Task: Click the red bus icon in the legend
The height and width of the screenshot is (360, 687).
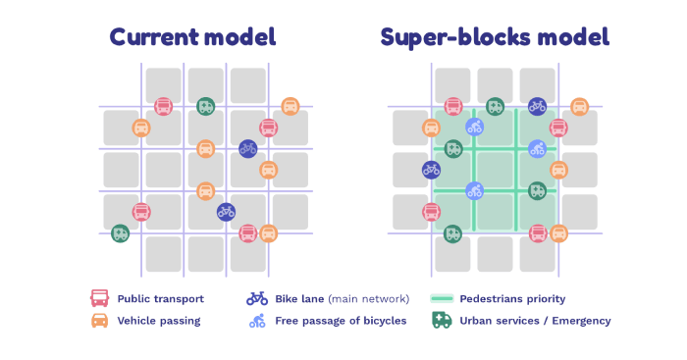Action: (x=99, y=298)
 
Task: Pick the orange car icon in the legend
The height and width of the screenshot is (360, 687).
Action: (x=99, y=321)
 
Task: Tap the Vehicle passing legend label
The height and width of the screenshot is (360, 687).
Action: (x=159, y=321)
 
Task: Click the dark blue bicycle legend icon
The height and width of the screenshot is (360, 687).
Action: (x=257, y=298)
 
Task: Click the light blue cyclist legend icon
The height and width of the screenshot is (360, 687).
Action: (x=257, y=321)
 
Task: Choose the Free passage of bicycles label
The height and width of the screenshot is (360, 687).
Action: (x=342, y=321)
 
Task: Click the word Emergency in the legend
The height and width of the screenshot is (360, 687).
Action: (x=579, y=321)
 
